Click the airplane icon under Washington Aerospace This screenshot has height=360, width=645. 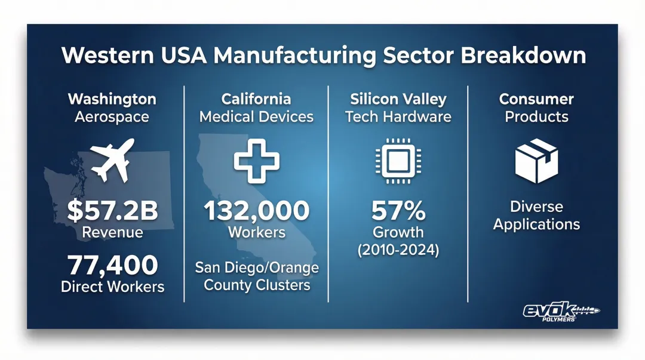click(112, 160)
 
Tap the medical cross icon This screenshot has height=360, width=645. click(257, 161)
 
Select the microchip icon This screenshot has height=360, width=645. click(398, 161)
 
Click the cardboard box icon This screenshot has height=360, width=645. click(536, 161)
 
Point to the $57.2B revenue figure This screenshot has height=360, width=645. click(112, 210)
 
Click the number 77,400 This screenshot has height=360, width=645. click(113, 265)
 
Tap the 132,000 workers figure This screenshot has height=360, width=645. click(257, 210)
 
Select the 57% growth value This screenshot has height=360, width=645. click(398, 210)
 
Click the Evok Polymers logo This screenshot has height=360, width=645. click(561, 312)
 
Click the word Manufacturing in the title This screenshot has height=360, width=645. click(294, 56)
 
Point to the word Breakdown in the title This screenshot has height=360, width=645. click(523, 55)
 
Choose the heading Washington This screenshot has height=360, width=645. click(112, 99)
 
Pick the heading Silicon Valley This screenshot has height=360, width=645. click(398, 99)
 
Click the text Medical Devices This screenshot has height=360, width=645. click(257, 117)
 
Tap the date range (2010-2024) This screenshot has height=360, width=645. click(398, 250)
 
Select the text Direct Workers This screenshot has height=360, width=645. click(113, 287)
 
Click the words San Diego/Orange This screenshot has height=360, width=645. click(257, 268)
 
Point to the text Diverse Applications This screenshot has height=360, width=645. click(536, 215)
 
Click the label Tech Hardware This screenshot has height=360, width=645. click(398, 117)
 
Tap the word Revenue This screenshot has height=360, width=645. click(112, 232)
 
